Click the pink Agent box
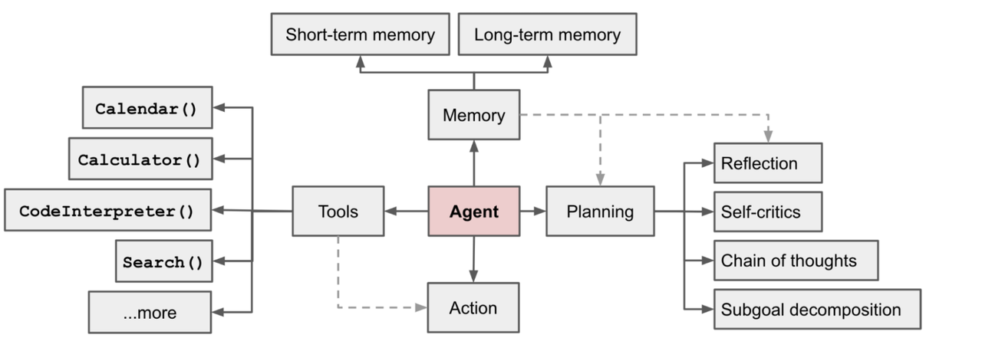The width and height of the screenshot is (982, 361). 473,212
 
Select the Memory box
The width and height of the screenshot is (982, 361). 473,115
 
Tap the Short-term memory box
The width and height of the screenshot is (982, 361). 360,34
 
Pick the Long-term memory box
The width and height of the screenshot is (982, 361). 547,34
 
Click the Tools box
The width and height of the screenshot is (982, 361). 338,212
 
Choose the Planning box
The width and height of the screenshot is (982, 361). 600,212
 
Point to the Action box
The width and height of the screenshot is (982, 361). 473,308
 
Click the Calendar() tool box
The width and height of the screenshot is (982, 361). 147,108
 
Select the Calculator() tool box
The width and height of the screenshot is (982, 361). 140,159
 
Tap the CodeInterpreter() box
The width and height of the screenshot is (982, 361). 107,210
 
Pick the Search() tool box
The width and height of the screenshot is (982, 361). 163,261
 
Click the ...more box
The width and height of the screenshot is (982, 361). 150,312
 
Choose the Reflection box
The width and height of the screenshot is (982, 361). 767,163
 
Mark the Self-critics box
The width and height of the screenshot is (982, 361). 767,212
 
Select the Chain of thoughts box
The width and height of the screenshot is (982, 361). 795,261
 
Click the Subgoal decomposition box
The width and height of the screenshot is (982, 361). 816,310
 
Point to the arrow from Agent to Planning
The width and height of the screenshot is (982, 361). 532,211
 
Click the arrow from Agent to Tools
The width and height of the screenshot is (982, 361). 406,211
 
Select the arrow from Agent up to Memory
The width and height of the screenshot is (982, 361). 473,162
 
